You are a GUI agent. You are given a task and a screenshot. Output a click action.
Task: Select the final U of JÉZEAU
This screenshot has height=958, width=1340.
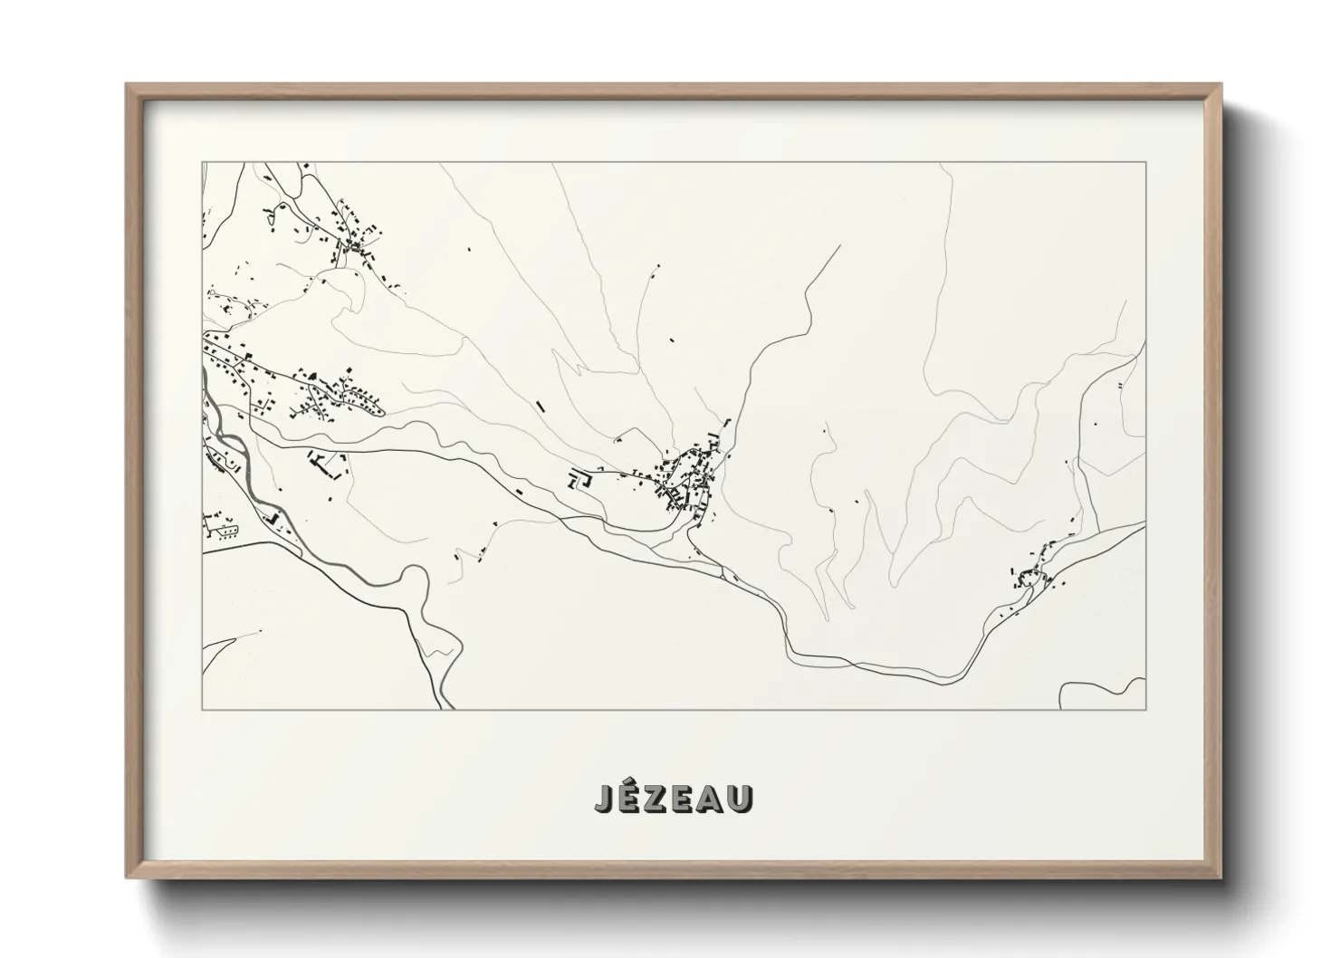(x=740, y=798)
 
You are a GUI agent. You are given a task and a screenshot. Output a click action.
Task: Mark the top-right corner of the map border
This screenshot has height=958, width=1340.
(x=1145, y=162)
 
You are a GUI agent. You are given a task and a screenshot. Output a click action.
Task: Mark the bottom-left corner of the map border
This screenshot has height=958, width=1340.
(x=202, y=709)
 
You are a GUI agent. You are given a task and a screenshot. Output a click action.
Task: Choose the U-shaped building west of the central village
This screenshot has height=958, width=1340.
(x=579, y=480)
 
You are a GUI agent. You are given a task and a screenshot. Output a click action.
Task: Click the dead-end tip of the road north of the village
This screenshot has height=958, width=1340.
(x=839, y=245)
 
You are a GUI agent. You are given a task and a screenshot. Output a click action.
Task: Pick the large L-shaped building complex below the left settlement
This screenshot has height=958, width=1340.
(x=326, y=465)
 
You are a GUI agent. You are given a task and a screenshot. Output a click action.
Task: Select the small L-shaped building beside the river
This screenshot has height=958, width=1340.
(x=271, y=518)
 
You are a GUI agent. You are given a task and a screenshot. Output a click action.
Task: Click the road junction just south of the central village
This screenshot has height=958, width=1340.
(x=690, y=535)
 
